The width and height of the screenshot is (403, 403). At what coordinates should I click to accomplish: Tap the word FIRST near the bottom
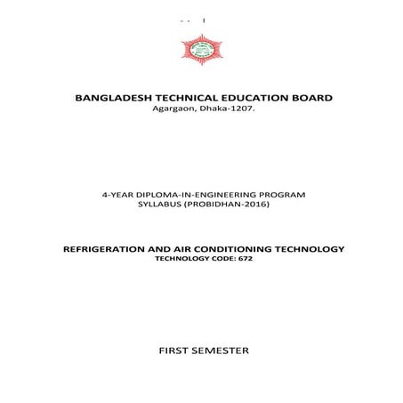[173, 350]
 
